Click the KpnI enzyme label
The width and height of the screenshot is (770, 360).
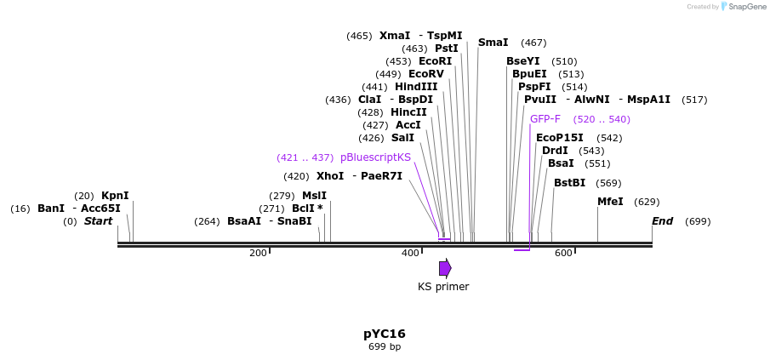click(115, 196)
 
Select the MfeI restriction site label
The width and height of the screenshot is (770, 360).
click(610, 202)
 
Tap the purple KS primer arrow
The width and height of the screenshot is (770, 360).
click(445, 268)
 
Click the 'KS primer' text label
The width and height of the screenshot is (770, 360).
click(443, 287)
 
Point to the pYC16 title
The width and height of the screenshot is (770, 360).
click(385, 334)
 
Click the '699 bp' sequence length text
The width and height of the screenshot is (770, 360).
click(385, 347)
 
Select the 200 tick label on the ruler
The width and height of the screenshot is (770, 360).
click(258, 254)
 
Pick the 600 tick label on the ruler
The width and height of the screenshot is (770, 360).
click(563, 254)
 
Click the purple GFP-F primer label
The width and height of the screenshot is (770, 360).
click(545, 119)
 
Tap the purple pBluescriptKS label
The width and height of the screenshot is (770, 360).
click(375, 157)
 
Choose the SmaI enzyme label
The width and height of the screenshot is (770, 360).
click(493, 43)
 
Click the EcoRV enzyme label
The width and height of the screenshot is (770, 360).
click(426, 74)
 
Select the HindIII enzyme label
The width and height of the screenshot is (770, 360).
click(416, 87)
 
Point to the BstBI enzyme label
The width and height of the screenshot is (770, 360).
click(569, 183)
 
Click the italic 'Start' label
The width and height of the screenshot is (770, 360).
click(98, 221)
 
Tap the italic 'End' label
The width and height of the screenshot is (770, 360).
click(663, 221)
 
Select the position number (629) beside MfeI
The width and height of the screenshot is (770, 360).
click(647, 202)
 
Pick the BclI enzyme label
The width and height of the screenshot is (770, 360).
click(303, 209)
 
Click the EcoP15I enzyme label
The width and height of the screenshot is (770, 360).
click(560, 138)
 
